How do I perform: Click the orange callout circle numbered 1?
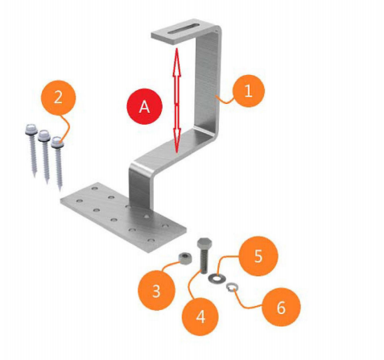coord(249,91)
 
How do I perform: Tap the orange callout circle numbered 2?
coord(58,97)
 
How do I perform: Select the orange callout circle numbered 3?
coord(156,291)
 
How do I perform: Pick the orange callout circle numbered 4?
coord(200,317)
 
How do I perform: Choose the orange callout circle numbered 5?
coord(258,256)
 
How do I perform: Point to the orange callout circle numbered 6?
coord(281,307)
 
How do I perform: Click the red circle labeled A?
coord(145,107)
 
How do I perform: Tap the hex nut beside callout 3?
coord(184,258)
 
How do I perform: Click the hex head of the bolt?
coord(204,243)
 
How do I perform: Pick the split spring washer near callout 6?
coord(232,287)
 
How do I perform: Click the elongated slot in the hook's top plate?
coord(184,28)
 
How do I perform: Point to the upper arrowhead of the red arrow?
coord(176,62)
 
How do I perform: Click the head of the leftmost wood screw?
coord(31,130)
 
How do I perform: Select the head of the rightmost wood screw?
coord(57,143)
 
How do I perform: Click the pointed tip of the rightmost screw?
coord(60,190)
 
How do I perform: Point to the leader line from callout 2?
coord(67,126)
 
